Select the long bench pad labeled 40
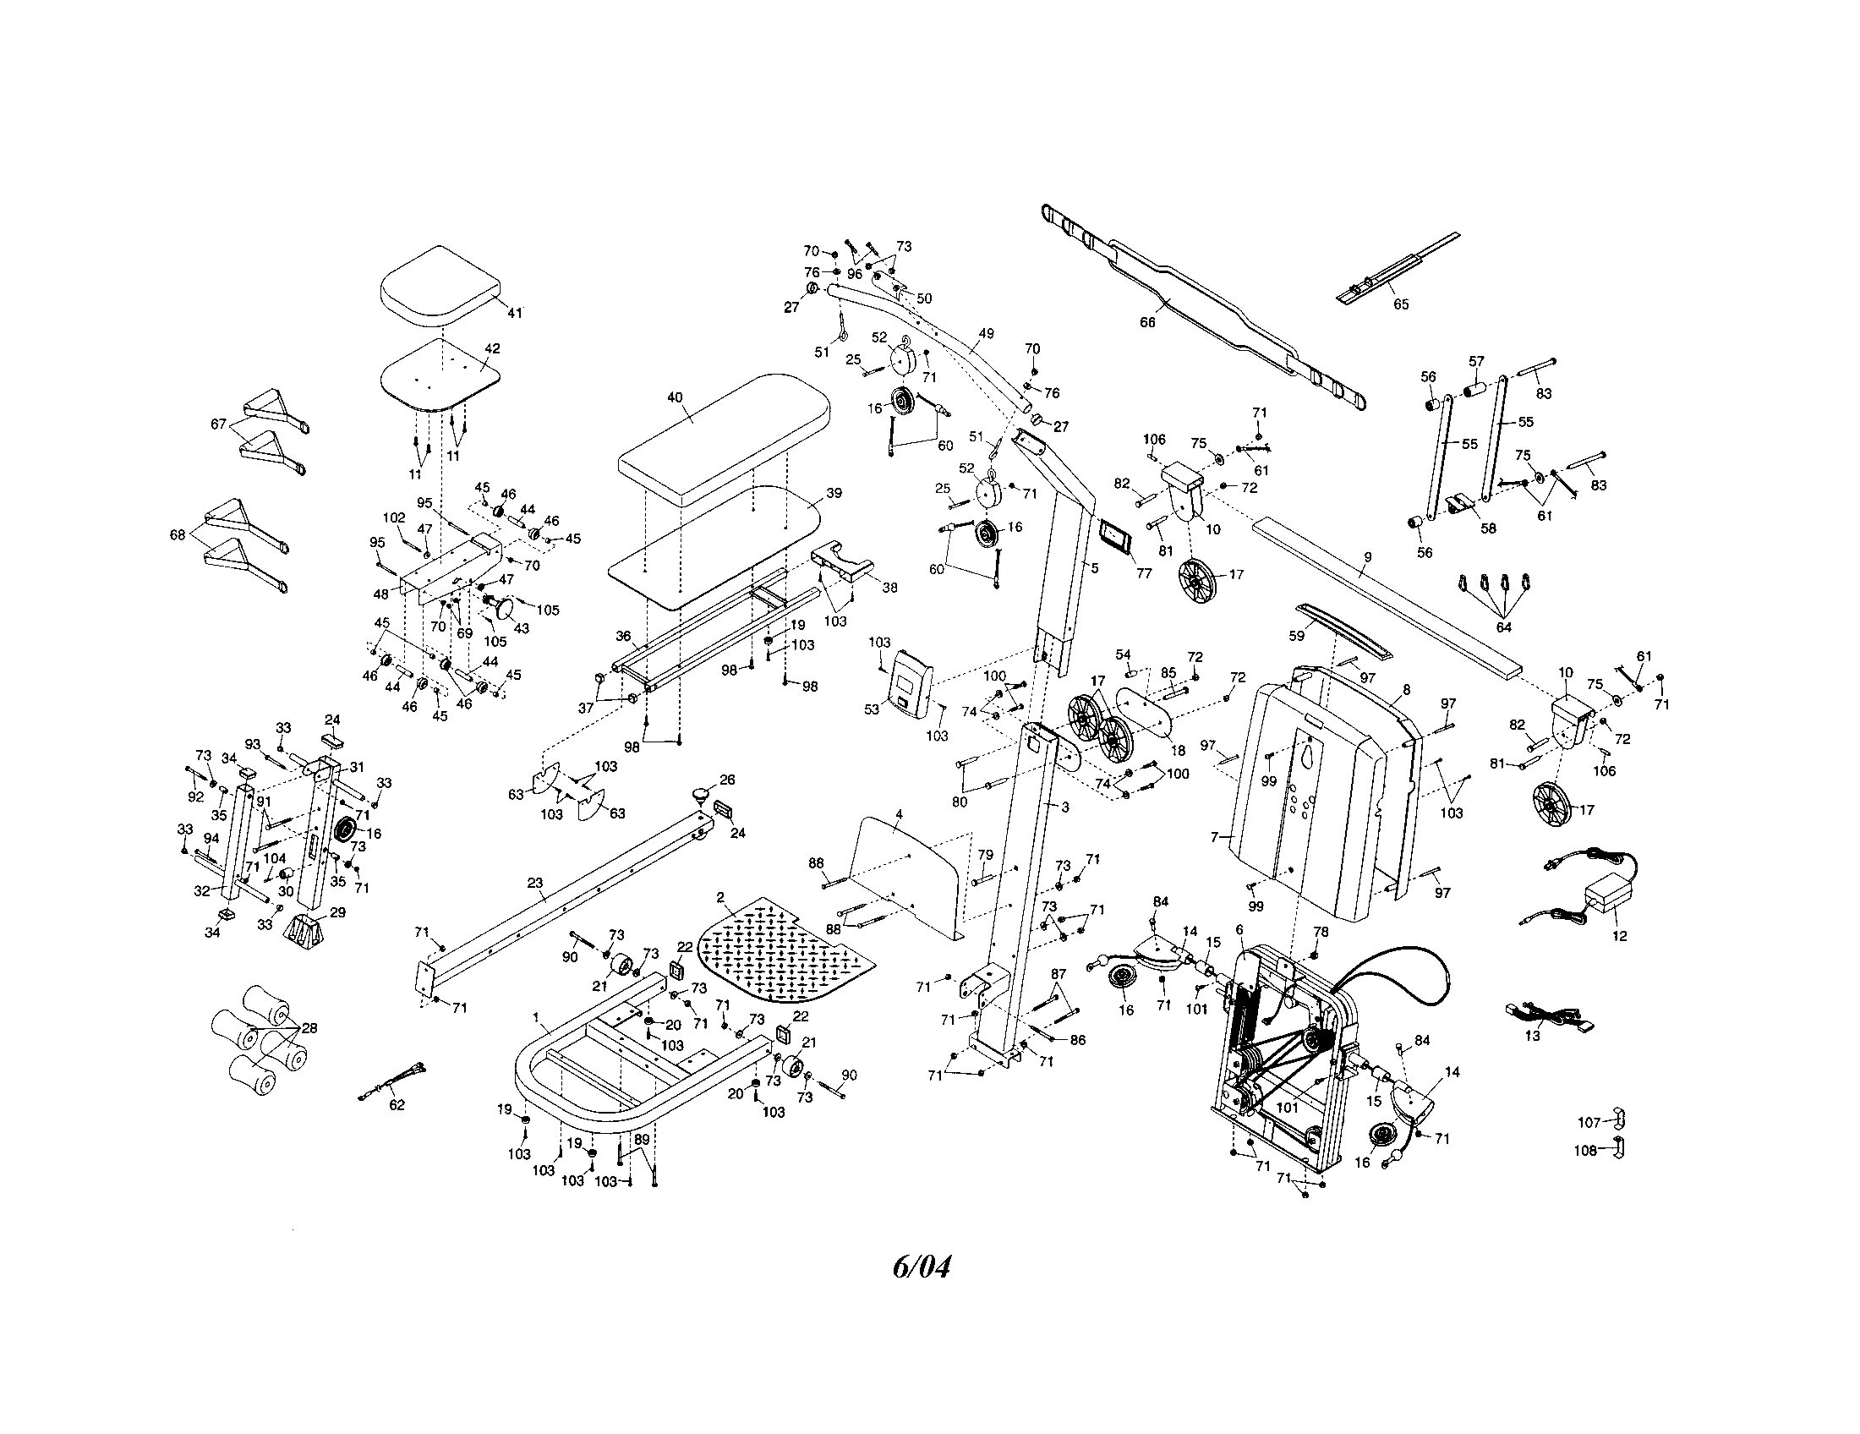pos(724,439)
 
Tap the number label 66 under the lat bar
pos(1147,323)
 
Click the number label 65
pos(1401,304)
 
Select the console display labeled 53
pos(905,684)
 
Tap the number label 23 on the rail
pos(535,883)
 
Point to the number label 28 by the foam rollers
pos(309,1028)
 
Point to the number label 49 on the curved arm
pos(985,334)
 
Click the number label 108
pos(1586,1152)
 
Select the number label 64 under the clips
pos(1503,627)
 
